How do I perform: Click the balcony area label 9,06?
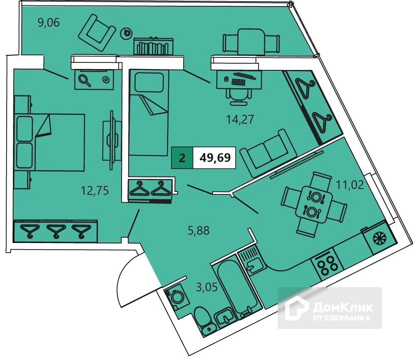pyautogui.click(x=49, y=22)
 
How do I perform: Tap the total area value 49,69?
pyautogui.click(x=215, y=158)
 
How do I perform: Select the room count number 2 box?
pyautogui.click(x=182, y=158)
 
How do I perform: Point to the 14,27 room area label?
pyautogui.click(x=240, y=119)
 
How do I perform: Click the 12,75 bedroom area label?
pyautogui.click(x=95, y=190)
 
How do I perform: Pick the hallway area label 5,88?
pyautogui.click(x=199, y=231)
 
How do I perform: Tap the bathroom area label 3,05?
pyautogui.click(x=207, y=287)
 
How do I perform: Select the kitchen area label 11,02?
pyautogui.click(x=350, y=185)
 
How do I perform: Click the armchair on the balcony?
pyautogui.click(x=97, y=32)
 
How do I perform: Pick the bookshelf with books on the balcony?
pyautogui.click(x=154, y=46)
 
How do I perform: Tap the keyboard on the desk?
pyautogui.click(x=239, y=82)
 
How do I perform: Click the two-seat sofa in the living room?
pyautogui.click(x=269, y=153)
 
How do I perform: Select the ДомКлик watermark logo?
pyautogui.click(x=330, y=308)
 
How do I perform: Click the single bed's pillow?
pyautogui.click(x=149, y=82)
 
